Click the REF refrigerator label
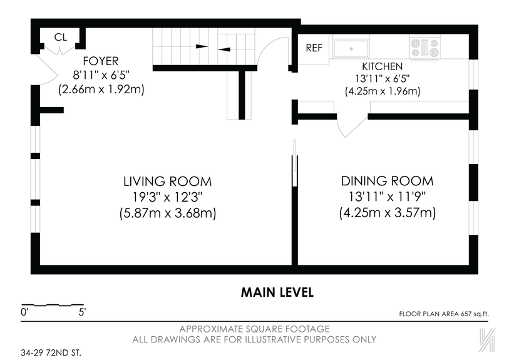[x=313, y=48]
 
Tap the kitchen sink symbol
[x=351, y=48]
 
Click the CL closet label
[x=60, y=38]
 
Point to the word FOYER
[x=101, y=61]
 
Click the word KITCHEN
[x=382, y=66]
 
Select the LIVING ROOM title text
[x=167, y=182]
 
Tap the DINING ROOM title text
[x=387, y=182]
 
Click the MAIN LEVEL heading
[x=277, y=292]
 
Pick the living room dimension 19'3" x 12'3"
[x=167, y=197]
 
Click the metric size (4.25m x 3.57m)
[x=387, y=213]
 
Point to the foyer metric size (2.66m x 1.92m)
[x=101, y=90]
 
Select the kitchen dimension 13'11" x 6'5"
[x=382, y=78]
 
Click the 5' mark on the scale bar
[x=82, y=311]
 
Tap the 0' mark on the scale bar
[x=24, y=311]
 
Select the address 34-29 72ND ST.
[x=51, y=352]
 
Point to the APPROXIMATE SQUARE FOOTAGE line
[x=254, y=329]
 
